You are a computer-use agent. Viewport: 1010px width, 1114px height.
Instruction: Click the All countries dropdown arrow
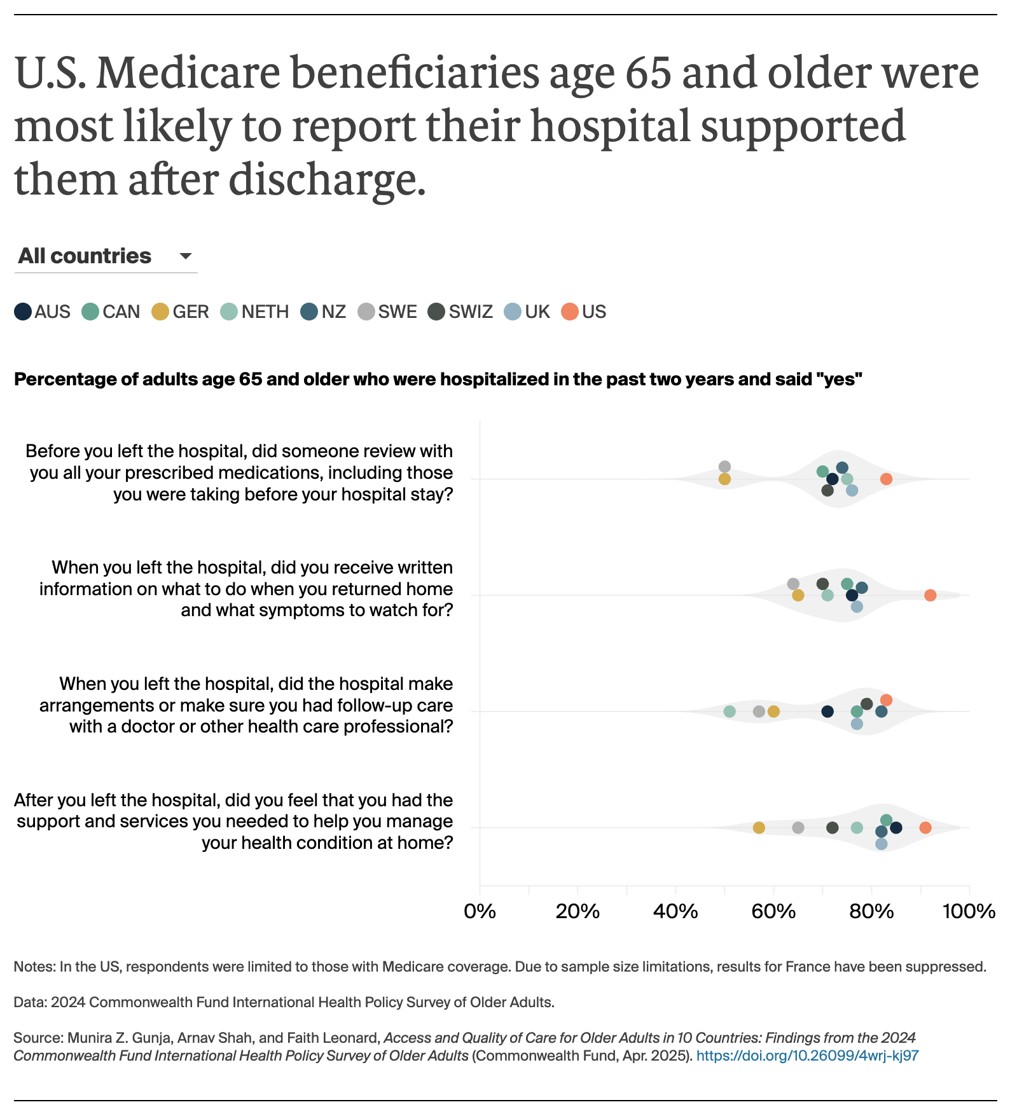tap(186, 256)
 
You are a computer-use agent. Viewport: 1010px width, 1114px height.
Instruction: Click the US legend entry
tap(584, 312)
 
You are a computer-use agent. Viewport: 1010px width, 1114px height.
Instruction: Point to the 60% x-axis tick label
tap(773, 912)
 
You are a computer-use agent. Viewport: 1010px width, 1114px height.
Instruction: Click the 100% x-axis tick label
tap(968, 912)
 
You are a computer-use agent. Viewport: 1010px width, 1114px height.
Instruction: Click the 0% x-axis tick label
tap(480, 912)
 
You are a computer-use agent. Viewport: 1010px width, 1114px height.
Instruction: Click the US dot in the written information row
tap(930, 595)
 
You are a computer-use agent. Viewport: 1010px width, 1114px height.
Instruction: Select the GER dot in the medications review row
tap(724, 479)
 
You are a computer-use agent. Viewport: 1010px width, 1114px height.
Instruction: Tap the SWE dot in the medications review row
tap(724, 467)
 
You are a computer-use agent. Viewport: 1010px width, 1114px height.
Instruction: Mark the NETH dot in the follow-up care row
tap(730, 712)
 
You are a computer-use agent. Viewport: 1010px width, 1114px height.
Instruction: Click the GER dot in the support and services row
tap(759, 828)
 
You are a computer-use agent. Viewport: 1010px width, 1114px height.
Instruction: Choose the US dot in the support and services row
tap(925, 828)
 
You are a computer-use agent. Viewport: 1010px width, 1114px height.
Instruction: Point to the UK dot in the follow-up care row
tap(857, 724)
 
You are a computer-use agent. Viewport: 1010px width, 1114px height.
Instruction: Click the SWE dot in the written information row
tap(793, 584)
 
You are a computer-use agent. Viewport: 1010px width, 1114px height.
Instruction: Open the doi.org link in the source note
tap(807, 1056)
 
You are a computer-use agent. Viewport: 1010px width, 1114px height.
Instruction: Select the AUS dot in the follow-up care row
tap(827, 712)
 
